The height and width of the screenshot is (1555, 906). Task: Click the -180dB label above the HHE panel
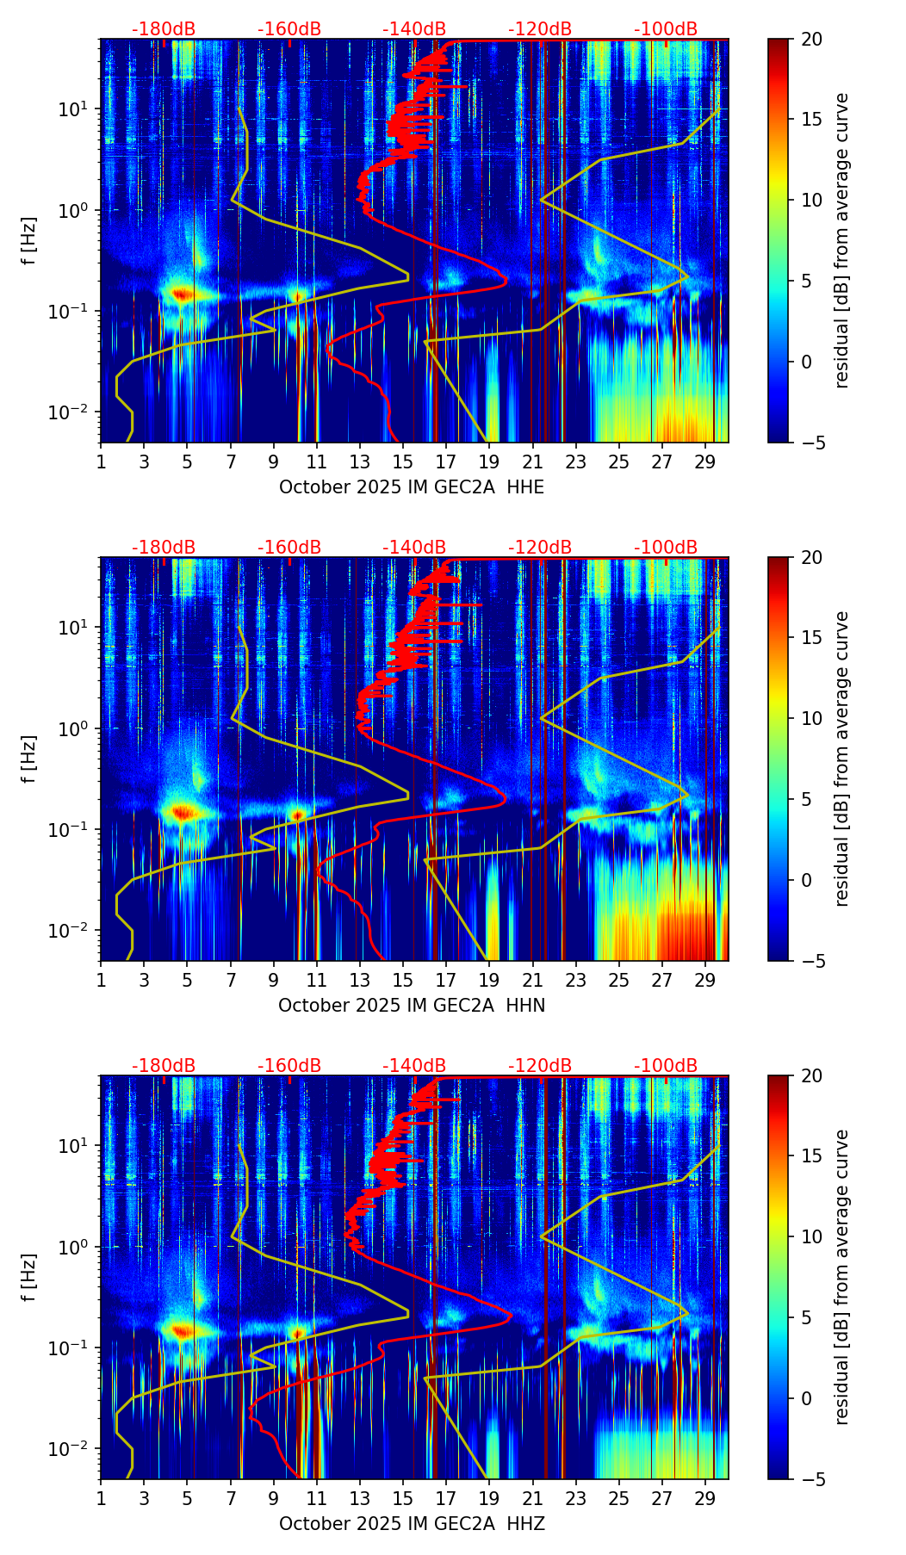[x=164, y=29]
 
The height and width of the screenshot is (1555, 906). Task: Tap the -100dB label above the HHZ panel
[x=666, y=1066]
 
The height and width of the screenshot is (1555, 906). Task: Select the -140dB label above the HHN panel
[x=414, y=548]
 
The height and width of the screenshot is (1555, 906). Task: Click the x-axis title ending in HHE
[x=412, y=487]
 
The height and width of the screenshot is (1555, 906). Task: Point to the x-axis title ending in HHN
[x=412, y=1006]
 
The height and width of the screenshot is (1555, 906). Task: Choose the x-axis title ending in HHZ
[x=412, y=1524]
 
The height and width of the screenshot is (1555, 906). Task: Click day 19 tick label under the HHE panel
[x=489, y=462]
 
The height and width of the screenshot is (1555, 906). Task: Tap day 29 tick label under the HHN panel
[x=705, y=981]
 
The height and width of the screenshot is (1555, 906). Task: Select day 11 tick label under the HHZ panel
[x=317, y=1499]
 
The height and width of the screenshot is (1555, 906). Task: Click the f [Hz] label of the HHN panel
[x=29, y=759]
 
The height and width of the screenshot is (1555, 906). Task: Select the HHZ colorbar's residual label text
[x=842, y=1277]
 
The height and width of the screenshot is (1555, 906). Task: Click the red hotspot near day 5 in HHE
[x=181, y=294]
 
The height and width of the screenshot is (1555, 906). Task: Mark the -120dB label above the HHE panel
[x=540, y=29]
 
